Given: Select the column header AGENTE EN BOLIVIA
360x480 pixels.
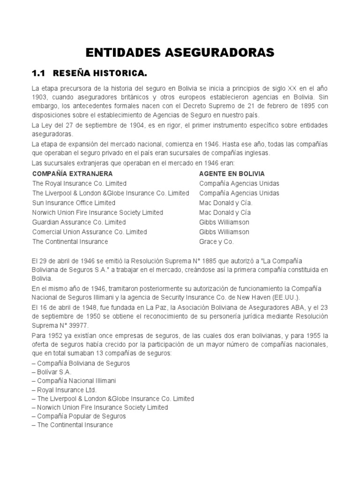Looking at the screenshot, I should click(232, 173).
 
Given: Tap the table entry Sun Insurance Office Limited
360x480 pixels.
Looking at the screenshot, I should click(74, 202).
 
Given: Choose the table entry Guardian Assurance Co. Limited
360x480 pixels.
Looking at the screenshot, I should click(79, 222).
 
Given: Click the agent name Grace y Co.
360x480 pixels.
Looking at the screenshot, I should click(216, 241).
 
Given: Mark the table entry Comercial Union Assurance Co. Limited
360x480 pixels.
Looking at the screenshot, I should click(90, 232).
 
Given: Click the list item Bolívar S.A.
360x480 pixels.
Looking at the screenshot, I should click(52, 372).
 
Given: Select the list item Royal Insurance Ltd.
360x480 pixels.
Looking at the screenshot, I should click(64, 390).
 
